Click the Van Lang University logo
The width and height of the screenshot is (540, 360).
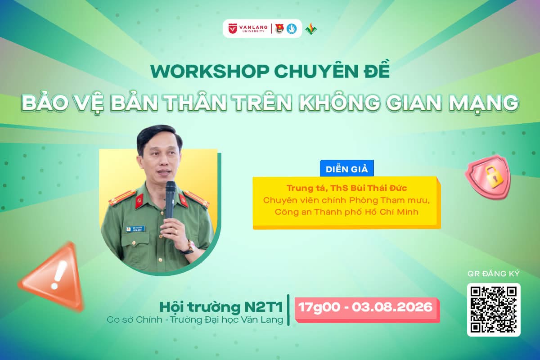click(248, 28)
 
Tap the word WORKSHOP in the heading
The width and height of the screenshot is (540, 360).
click(210, 71)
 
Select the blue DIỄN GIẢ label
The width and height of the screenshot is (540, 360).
click(346, 168)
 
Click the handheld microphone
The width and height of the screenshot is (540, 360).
click(170, 202)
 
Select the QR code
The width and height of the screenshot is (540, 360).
click(494, 310)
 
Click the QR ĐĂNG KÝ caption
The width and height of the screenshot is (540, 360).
click(493, 274)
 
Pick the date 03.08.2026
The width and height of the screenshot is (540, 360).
click(392, 307)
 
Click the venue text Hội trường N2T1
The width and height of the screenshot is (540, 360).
click(221, 307)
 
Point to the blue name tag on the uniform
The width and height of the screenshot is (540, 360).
click(135, 229)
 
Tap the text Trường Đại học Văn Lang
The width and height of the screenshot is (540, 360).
click(227, 320)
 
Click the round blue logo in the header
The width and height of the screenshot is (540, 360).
click(292, 29)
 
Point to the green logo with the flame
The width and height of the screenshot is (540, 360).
click(311, 29)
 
